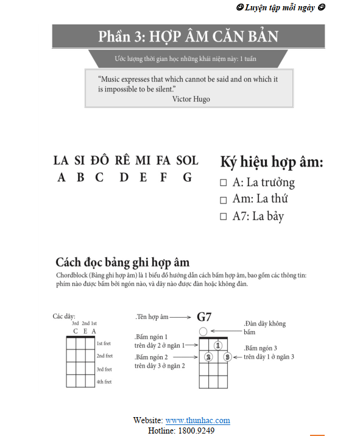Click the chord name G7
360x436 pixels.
coord(203,317)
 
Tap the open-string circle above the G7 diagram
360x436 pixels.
coord(203,331)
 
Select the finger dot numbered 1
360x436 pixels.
coord(217,345)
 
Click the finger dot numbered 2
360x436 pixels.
coord(208,357)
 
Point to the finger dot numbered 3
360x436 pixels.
coord(227,357)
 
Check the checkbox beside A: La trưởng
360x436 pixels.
coord(223,182)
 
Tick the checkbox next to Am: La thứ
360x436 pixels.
coord(223,199)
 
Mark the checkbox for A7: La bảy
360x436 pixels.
coord(223,216)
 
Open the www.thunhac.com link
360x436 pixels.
coord(197,421)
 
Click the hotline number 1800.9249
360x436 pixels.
coord(197,431)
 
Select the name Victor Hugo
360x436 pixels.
coord(191,99)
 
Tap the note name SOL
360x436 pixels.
coord(187,160)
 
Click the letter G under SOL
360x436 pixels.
coord(188,177)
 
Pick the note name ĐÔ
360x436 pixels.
coord(99,160)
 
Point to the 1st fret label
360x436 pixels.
coord(104,343)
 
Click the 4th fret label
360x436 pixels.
coord(104,382)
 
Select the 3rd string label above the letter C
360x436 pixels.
coord(75,324)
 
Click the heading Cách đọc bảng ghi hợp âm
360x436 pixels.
coord(122,263)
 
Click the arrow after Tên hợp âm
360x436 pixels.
coord(180,317)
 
